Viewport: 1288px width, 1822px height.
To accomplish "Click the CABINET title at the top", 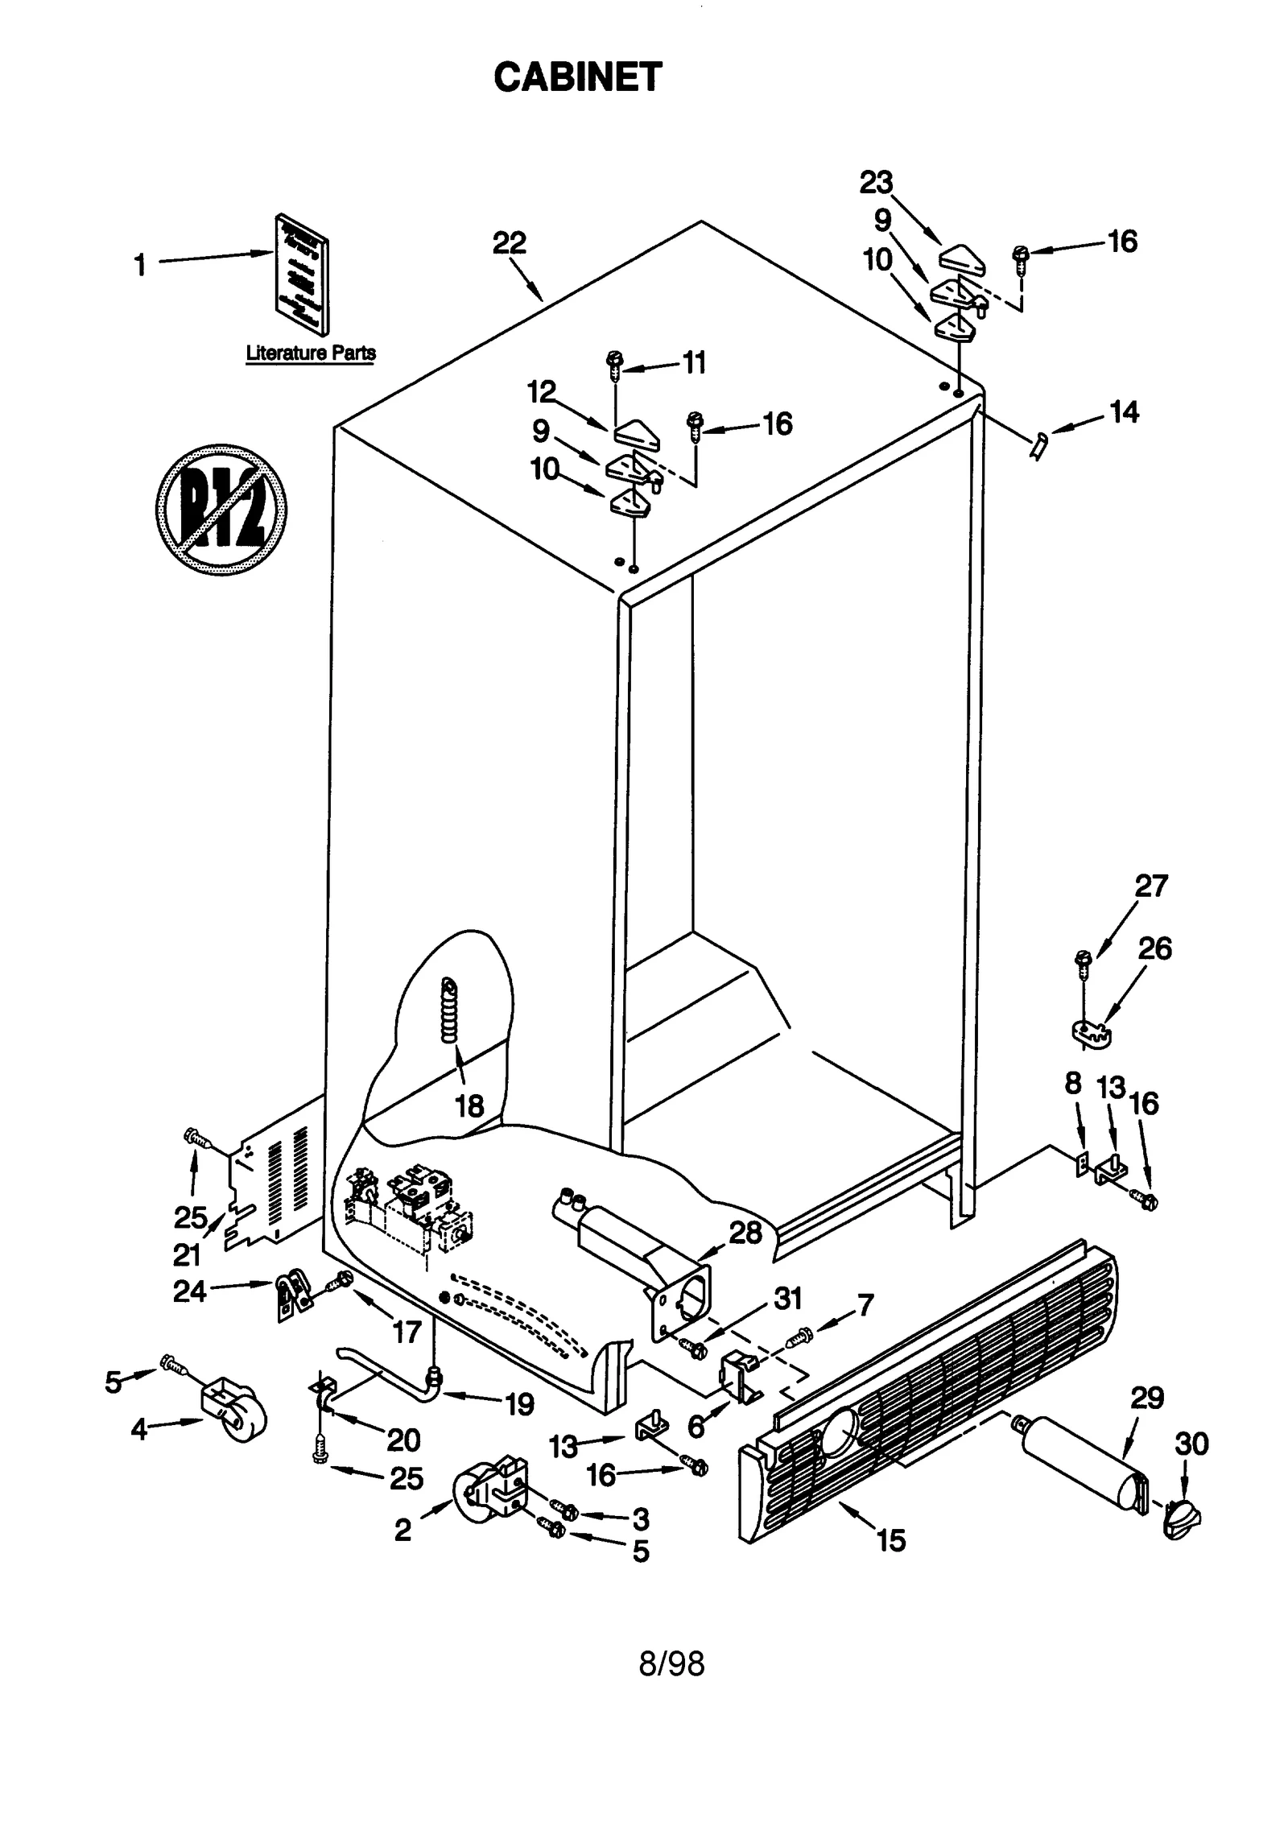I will tap(576, 77).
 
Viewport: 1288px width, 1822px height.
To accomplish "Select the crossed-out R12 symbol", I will tap(221, 509).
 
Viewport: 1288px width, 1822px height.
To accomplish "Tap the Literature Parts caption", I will tap(310, 353).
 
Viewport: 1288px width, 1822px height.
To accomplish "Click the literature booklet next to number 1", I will tap(302, 274).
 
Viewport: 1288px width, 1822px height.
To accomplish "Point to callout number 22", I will tap(509, 242).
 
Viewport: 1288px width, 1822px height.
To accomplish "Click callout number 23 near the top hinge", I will tap(876, 183).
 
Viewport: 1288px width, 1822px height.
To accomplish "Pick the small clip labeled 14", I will tap(1039, 444).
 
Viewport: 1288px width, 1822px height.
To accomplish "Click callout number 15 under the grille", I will tap(891, 1539).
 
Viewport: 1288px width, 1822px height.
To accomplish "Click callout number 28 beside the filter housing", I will tap(745, 1233).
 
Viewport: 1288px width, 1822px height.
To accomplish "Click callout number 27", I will tap(1150, 886).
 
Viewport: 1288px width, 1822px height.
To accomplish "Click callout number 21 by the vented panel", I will tap(187, 1254).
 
